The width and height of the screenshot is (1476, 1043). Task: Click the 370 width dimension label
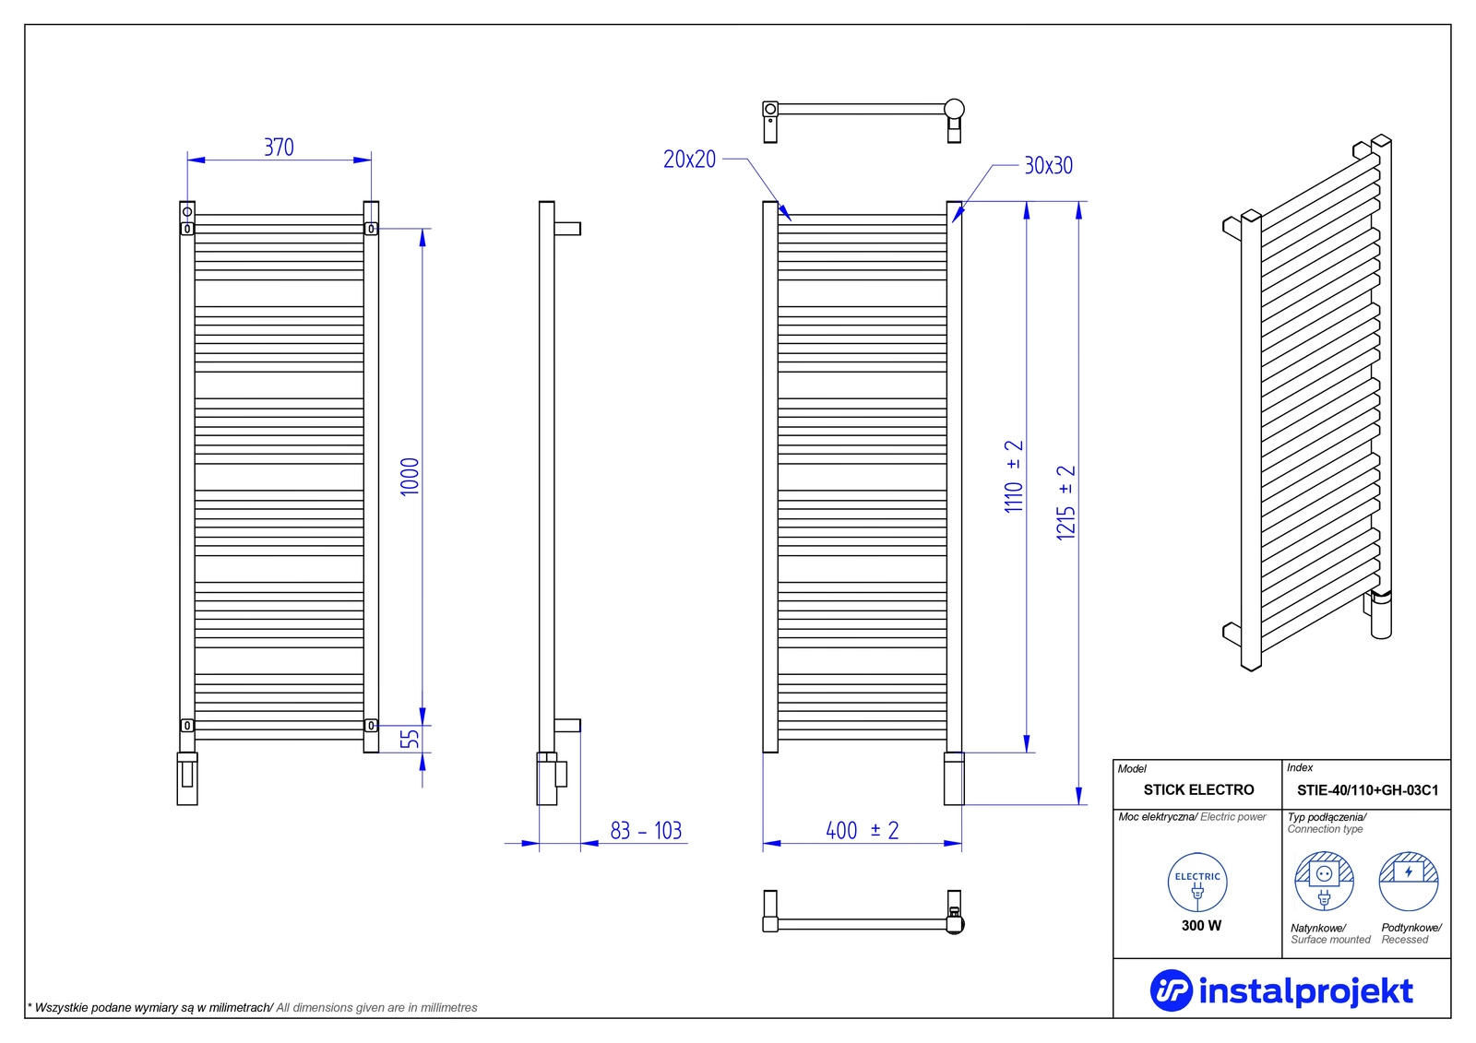pos(279,148)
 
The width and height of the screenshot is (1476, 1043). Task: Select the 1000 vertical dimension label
pos(410,477)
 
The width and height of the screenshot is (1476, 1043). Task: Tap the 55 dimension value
pos(410,739)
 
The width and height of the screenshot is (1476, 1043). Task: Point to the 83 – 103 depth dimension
pos(646,831)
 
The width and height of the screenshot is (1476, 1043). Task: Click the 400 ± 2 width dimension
pos(862,831)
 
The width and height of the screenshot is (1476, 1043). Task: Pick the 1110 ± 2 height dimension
pos(1014,477)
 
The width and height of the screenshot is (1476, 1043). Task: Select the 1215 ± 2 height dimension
pos(1066,503)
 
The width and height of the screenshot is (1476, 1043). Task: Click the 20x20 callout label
pos(689,160)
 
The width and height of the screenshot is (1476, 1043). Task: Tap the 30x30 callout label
pos(1048,166)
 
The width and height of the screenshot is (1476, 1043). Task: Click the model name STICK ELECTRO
pos(1198,790)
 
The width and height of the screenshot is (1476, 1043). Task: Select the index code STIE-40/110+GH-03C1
pos(1367,790)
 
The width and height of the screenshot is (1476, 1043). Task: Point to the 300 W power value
pos(1201,926)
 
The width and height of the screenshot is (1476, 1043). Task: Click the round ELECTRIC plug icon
pos(1197,883)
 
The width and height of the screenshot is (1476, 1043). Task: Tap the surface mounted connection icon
pos(1324,882)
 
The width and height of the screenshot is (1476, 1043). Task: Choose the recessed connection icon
pos(1409,882)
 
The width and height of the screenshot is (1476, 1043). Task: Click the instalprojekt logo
pos(1281,991)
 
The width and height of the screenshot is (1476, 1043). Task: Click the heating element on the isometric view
pos(1380,615)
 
